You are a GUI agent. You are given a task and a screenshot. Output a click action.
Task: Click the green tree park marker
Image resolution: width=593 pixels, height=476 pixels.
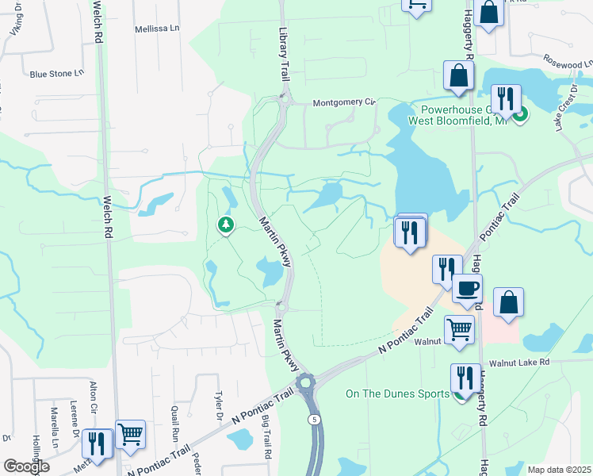227,225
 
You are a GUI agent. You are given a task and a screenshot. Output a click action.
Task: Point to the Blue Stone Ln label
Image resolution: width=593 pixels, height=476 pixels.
56,74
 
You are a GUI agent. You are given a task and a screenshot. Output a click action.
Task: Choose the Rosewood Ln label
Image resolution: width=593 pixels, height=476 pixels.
567,61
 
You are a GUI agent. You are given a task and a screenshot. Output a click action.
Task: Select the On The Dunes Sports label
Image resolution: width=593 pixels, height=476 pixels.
397,393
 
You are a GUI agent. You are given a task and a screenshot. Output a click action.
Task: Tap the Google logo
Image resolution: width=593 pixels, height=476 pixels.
26,466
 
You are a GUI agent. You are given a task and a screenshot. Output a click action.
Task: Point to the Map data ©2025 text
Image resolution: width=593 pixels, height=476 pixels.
558,470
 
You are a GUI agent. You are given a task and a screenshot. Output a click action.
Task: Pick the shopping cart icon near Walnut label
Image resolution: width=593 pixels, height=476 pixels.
459,329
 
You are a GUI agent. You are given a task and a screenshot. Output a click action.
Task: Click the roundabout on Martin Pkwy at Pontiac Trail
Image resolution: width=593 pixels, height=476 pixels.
305,385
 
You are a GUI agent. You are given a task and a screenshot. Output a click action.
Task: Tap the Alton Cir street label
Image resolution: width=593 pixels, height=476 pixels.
94,397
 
